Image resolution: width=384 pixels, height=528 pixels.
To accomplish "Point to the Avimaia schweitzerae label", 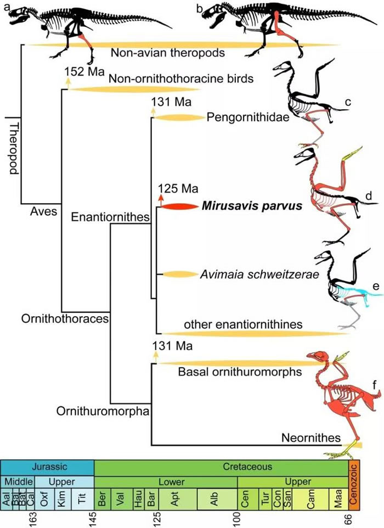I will (259, 274).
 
